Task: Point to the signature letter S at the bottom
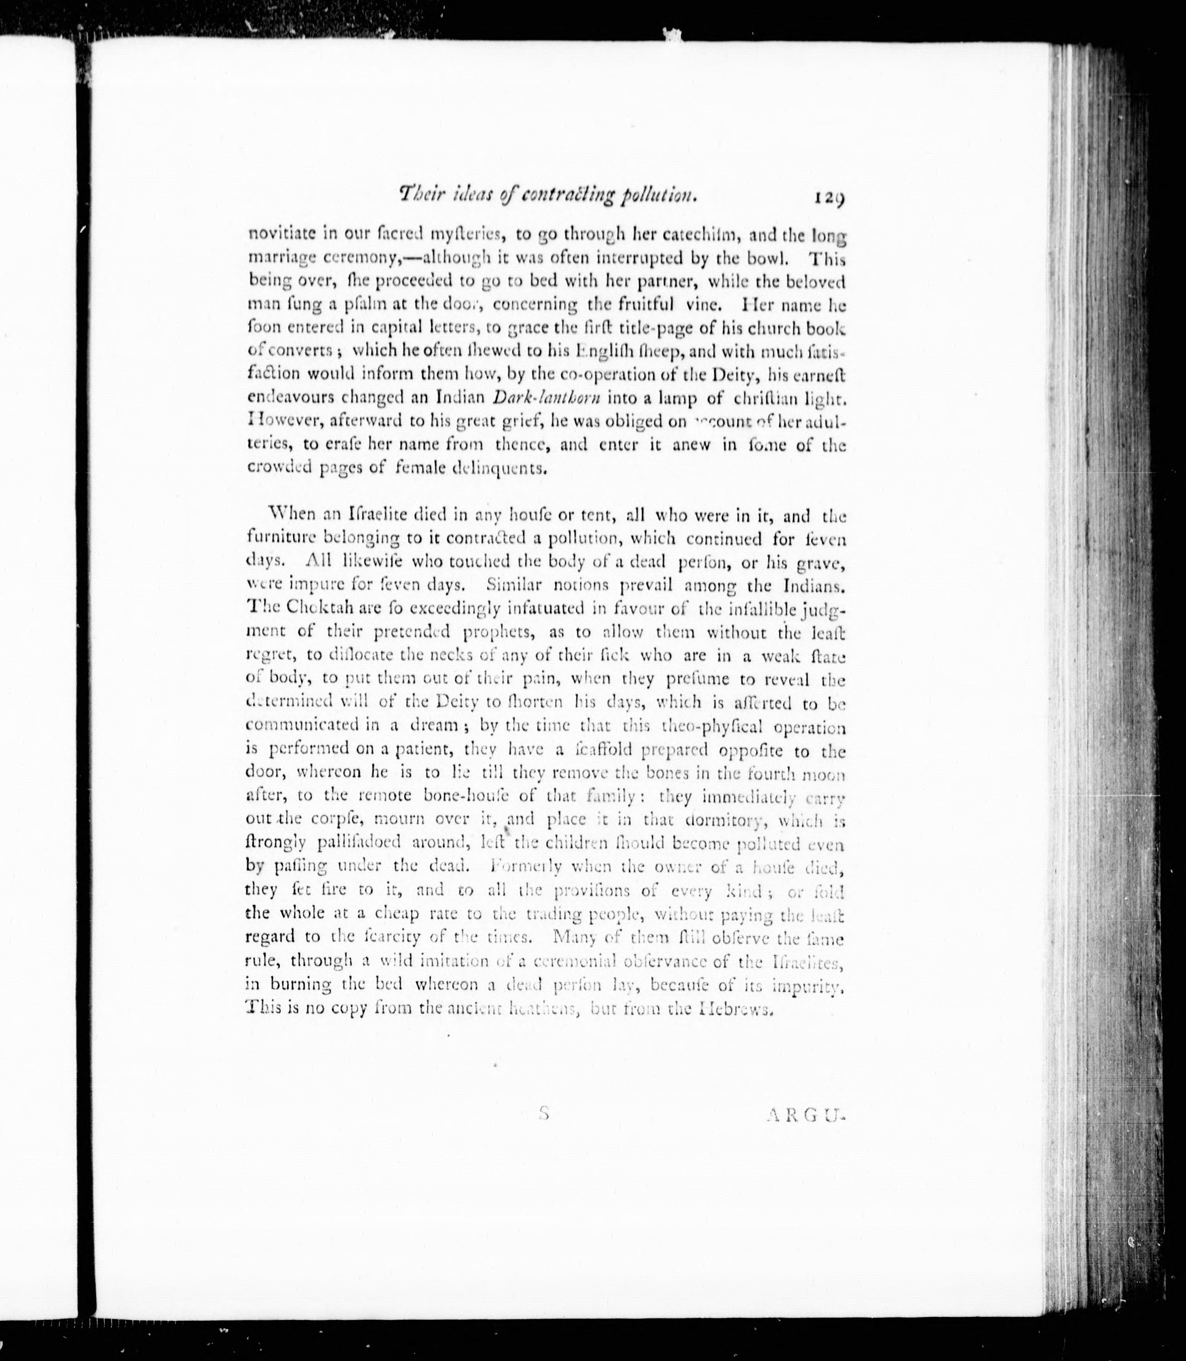[544, 1113]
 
